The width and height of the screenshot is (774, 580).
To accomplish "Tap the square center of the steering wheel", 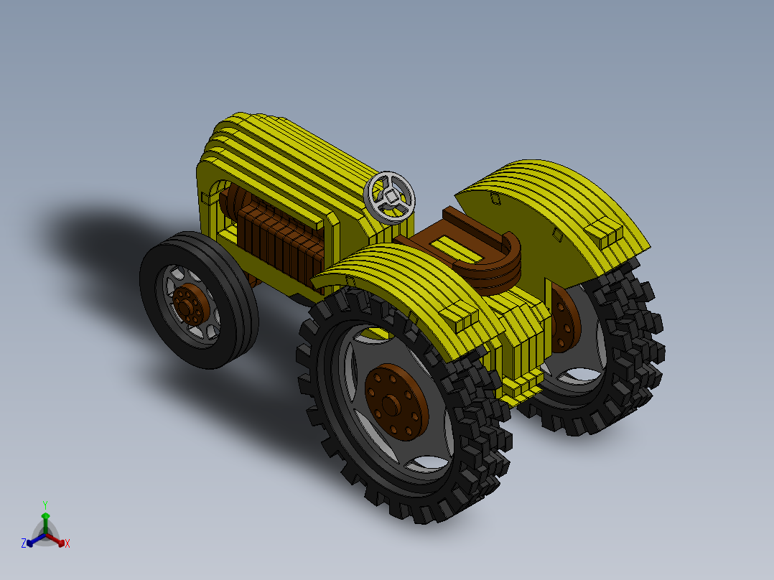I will [x=391, y=195].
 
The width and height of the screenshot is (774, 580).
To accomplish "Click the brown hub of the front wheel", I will [x=190, y=303].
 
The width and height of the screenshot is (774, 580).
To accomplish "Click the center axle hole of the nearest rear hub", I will [x=391, y=405].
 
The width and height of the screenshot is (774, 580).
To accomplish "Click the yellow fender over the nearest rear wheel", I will [x=402, y=287].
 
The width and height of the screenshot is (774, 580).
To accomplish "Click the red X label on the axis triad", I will [x=67, y=544].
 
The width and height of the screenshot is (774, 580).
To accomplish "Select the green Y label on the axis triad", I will [x=45, y=505].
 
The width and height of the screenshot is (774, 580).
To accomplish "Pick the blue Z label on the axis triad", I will [x=24, y=543].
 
